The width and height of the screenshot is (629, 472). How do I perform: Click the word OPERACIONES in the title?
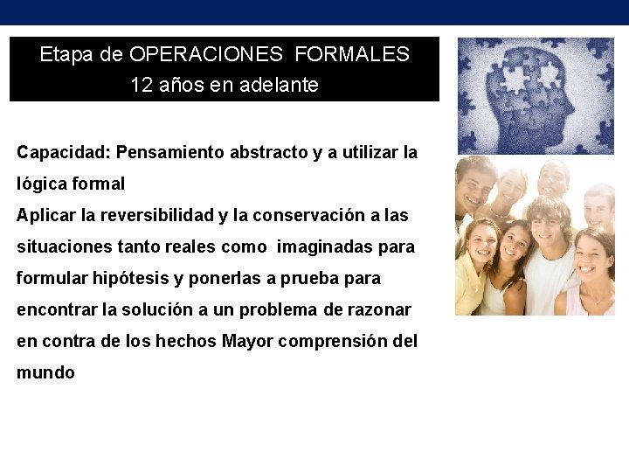click(206, 54)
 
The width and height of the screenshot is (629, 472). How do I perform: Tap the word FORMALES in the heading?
click(352, 54)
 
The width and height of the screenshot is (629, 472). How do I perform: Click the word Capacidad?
click(63, 152)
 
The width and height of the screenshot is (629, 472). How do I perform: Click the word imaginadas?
click(324, 246)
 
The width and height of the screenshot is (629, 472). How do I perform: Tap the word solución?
click(163, 309)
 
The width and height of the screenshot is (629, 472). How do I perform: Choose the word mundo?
click(45, 372)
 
